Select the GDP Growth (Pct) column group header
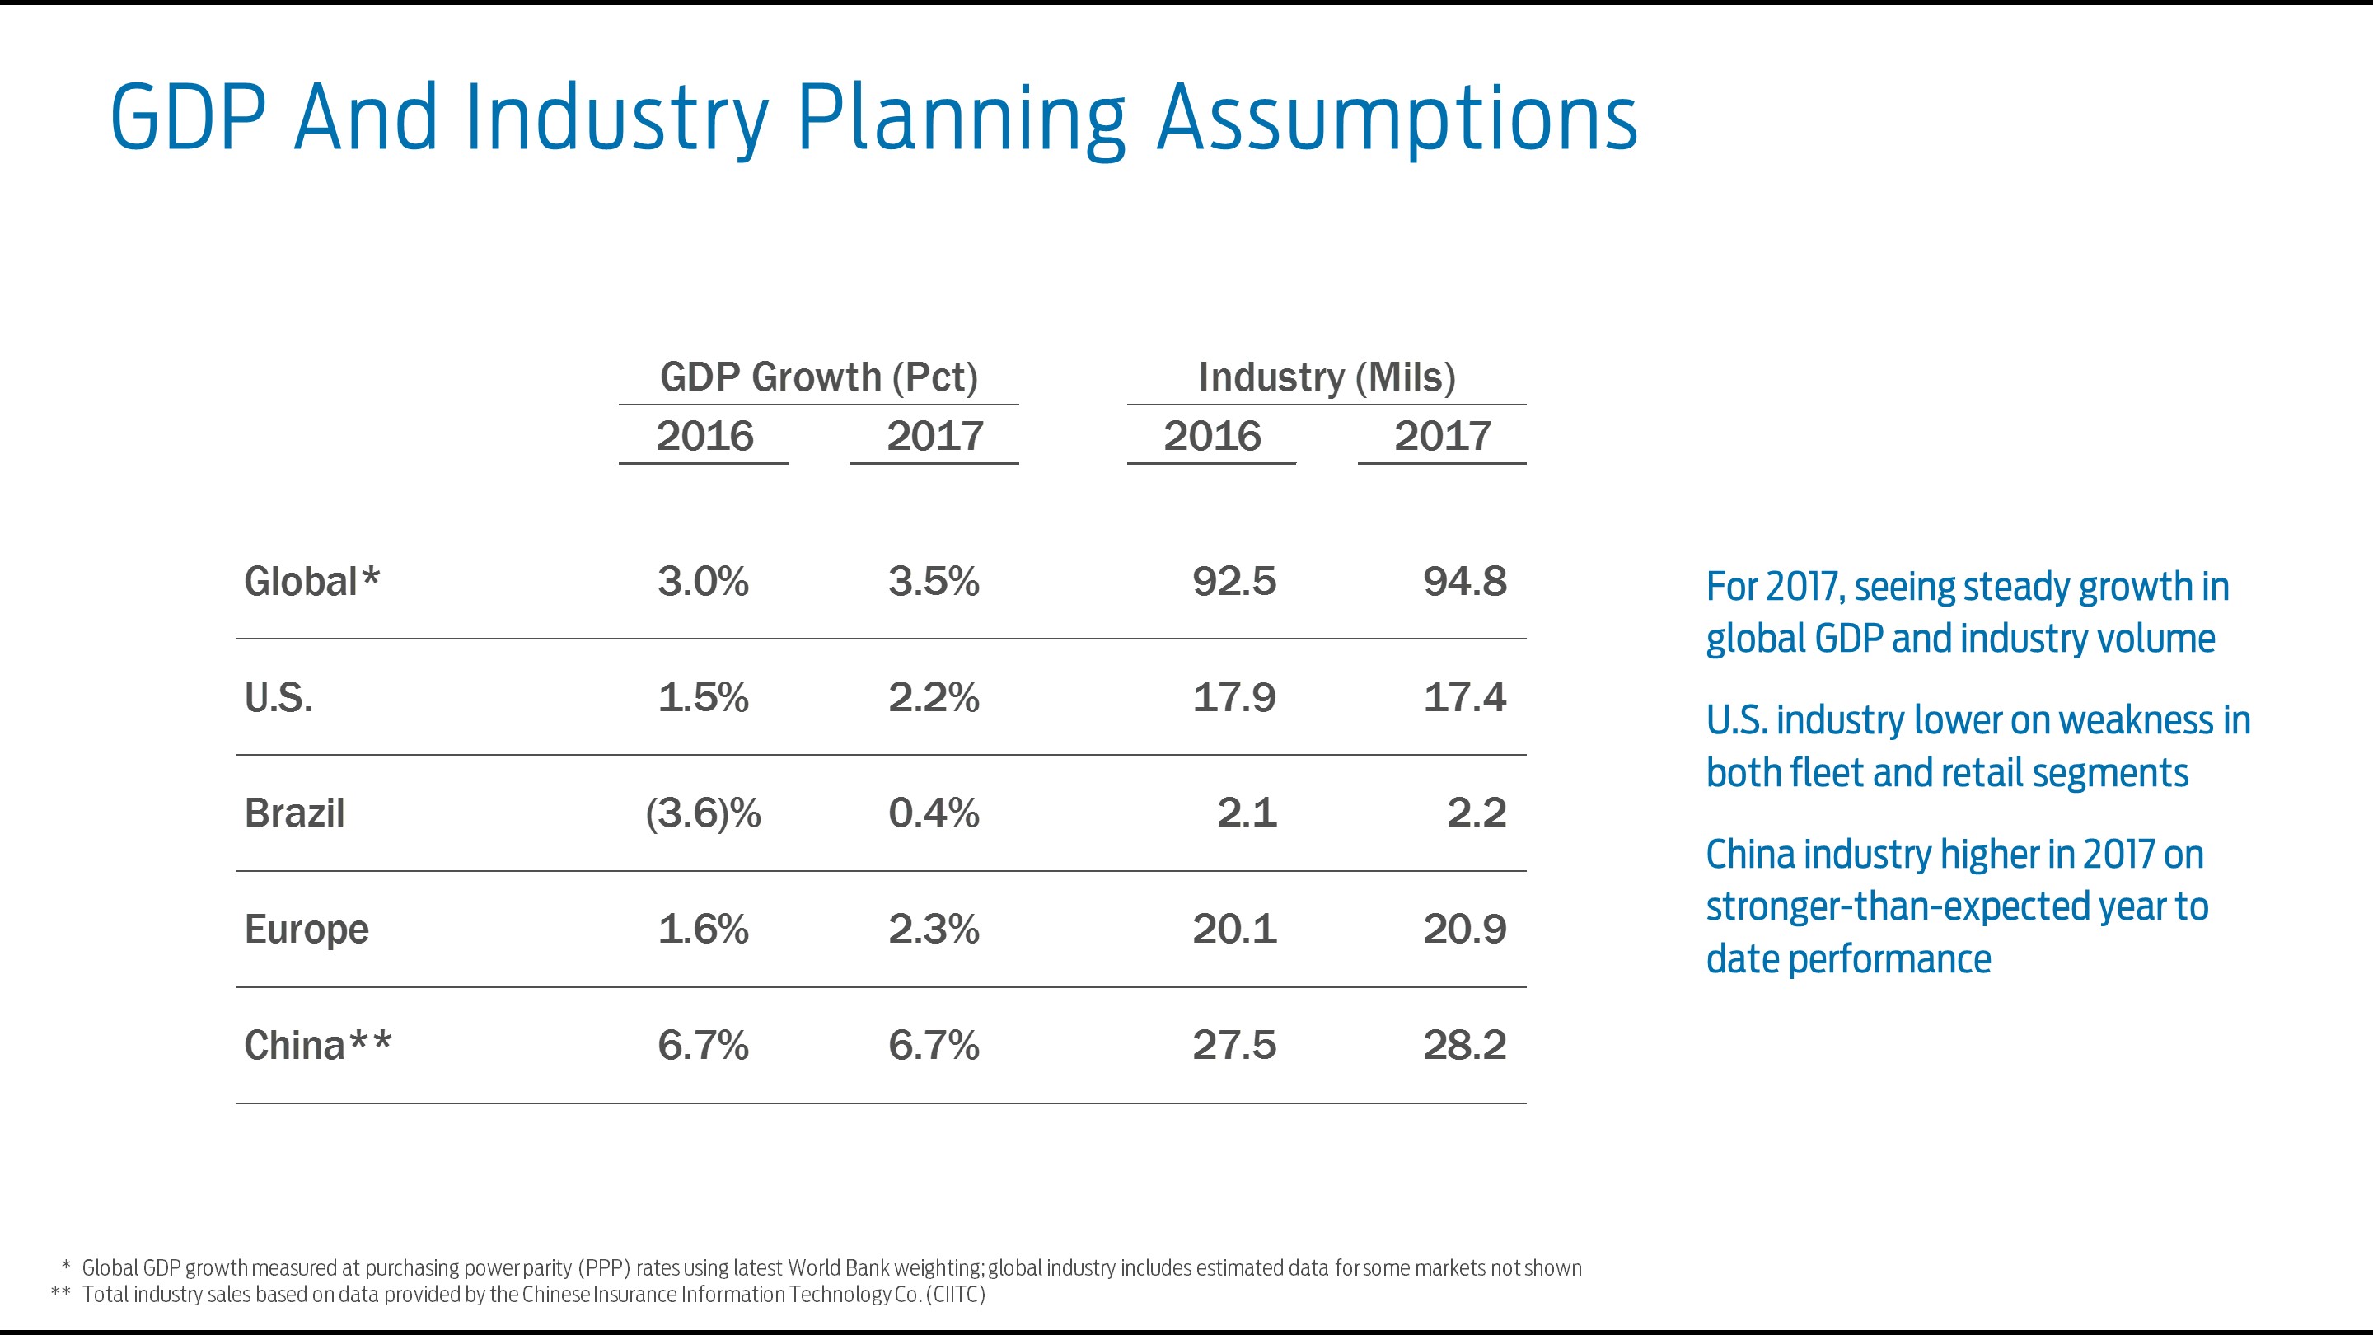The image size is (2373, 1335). click(x=818, y=377)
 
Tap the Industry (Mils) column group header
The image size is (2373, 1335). click(x=1327, y=377)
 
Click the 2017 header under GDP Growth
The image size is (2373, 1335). click(x=934, y=436)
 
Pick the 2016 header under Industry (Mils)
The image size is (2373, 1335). click(x=1211, y=436)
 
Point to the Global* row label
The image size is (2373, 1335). click(x=311, y=581)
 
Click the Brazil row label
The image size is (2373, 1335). click(x=294, y=813)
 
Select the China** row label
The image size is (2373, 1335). click(x=318, y=1045)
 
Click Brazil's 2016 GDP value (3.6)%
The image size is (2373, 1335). click(x=703, y=813)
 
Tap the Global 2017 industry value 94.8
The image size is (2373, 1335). click(x=1464, y=581)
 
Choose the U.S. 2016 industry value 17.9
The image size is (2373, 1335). click(x=1233, y=697)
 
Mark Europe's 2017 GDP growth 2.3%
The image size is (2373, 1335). click(x=934, y=929)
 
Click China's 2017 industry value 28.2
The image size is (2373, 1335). click(x=1464, y=1045)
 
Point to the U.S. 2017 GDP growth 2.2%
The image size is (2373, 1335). click(x=934, y=697)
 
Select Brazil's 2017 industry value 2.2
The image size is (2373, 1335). click(x=1476, y=813)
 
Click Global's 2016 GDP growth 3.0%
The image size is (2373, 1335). click(x=703, y=581)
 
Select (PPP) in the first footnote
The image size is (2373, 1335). click(x=604, y=1267)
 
